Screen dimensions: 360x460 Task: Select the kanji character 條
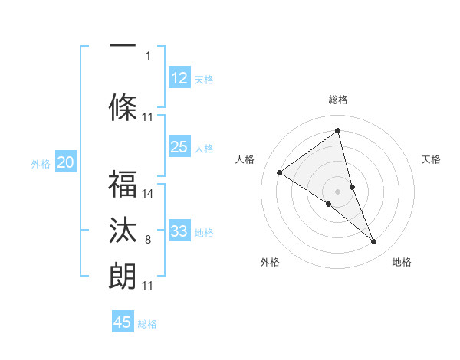tap(123, 106)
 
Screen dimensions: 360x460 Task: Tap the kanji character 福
tap(123, 185)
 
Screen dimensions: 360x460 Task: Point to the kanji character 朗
tap(123, 275)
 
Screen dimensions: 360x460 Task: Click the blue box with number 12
tap(179, 77)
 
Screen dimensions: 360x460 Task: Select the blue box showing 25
tap(179, 147)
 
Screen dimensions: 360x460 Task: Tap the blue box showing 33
tap(179, 231)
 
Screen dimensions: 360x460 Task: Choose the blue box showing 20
tap(66, 162)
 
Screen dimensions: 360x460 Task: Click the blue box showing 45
tap(123, 322)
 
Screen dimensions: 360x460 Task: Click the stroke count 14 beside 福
tap(149, 194)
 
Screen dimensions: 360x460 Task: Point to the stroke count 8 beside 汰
tap(148, 240)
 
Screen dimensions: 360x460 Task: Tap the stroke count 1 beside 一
tap(148, 55)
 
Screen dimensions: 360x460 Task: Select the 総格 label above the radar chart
tap(338, 100)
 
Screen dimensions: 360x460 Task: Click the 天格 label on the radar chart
tap(432, 159)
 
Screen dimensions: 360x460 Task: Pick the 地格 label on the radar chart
tap(402, 262)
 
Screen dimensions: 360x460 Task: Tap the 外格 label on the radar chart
tap(270, 262)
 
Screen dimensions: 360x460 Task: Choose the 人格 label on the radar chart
tap(245, 159)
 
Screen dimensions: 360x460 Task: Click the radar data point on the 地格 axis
tap(374, 242)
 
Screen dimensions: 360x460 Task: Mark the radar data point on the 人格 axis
tap(280, 172)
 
